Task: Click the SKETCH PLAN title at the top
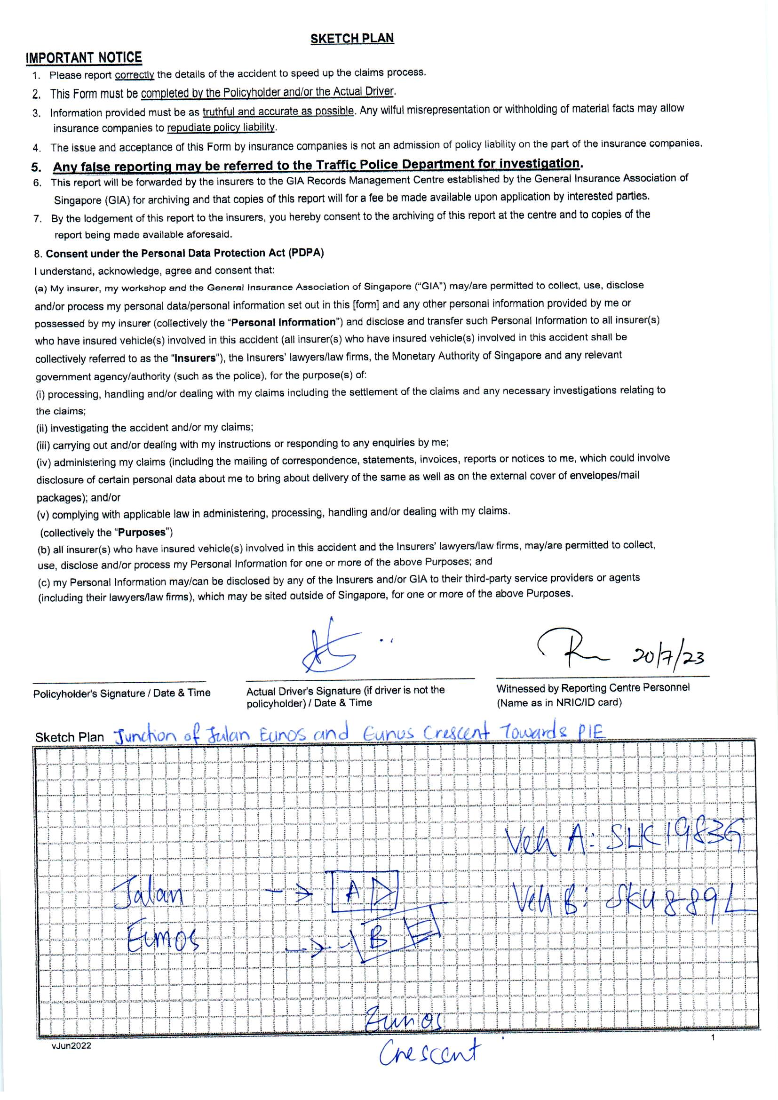point(352,38)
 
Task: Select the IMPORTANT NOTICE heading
point(84,58)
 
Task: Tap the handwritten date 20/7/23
point(668,657)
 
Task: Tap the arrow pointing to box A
point(290,893)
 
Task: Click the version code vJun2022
point(71,1046)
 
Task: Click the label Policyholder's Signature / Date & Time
point(122,693)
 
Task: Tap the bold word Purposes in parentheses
point(142,532)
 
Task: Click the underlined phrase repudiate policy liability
point(221,128)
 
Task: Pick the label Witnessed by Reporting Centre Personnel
point(593,688)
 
